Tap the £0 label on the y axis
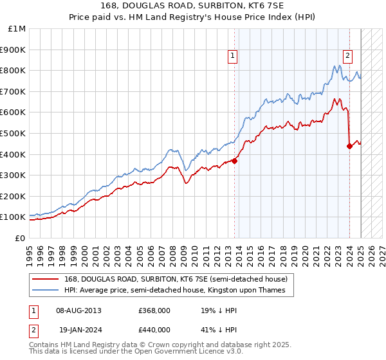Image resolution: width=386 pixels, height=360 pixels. point(21,238)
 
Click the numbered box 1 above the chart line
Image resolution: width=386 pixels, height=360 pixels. point(232,56)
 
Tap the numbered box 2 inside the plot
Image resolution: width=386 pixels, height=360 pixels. point(347,56)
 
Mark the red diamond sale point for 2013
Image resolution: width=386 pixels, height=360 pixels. point(234,161)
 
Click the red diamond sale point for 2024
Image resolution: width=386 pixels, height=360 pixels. point(349,146)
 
